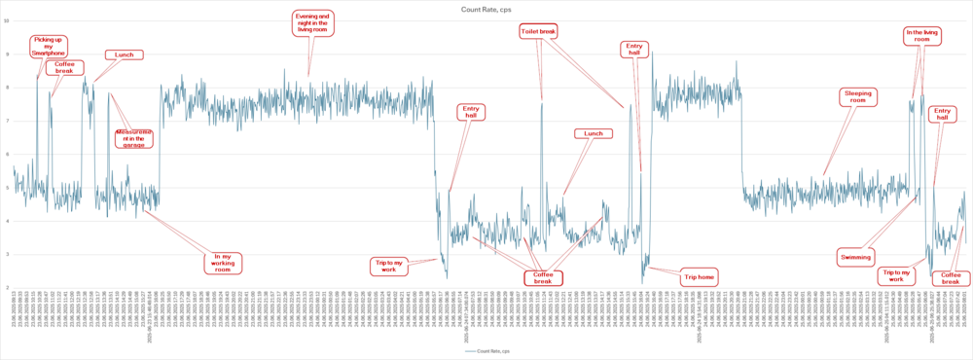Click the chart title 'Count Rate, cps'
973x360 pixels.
[x=486, y=8]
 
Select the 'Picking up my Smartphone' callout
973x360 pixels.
[x=49, y=46]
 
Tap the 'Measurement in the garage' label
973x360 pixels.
[x=134, y=137]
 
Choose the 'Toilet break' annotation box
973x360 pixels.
[x=538, y=32]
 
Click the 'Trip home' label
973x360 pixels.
[x=699, y=275]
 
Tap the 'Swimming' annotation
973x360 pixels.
[x=855, y=257]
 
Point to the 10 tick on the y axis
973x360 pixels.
[x=8, y=20]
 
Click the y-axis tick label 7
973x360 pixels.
[x=9, y=121]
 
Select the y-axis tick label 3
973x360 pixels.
[x=9, y=254]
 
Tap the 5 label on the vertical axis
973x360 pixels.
[x=9, y=188]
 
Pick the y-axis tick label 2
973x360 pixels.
[x=9, y=287]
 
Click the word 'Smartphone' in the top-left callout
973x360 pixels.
[x=49, y=54]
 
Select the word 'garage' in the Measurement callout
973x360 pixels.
[x=134, y=144]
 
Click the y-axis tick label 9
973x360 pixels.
[x=9, y=54]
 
